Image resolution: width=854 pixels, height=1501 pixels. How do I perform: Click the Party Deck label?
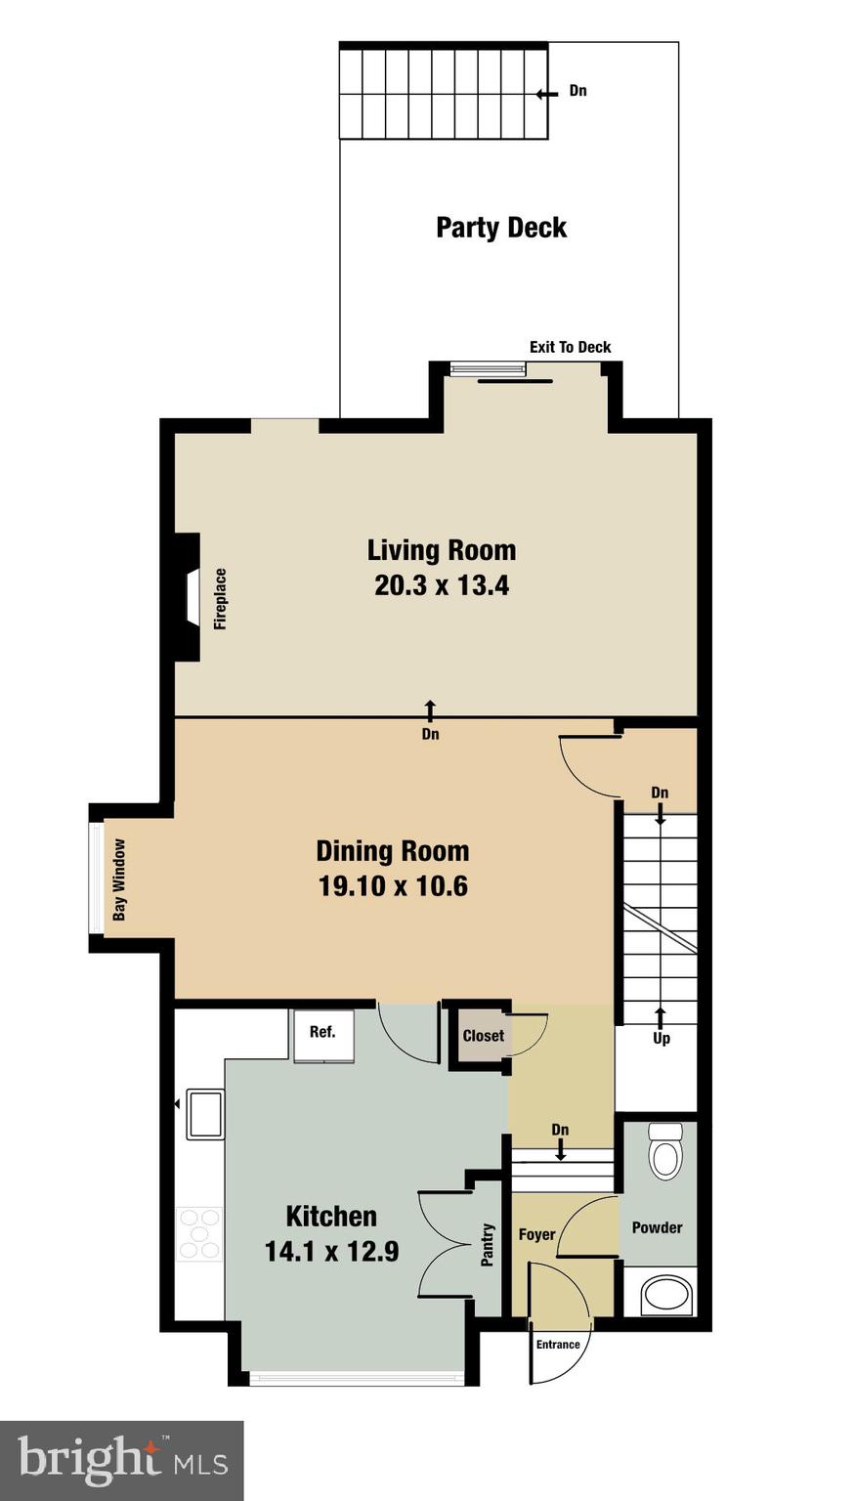pos(500,228)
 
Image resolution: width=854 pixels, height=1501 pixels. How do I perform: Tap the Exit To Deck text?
pos(570,347)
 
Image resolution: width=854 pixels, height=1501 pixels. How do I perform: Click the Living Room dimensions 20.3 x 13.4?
pos(442,586)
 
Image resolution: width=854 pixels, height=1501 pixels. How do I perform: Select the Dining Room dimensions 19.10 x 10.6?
pos(393,886)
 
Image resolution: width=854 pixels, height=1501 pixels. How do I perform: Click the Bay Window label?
pos(119,879)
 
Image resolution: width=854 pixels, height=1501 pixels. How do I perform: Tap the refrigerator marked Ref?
pos(322,1034)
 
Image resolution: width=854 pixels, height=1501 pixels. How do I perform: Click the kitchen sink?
pos(205,1114)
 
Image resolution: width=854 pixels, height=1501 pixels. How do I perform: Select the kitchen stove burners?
pos(199,1233)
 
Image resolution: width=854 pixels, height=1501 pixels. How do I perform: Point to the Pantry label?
pos(487,1246)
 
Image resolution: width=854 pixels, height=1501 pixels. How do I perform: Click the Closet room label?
pos(483,1036)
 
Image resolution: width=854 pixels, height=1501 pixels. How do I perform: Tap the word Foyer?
pos(536,1235)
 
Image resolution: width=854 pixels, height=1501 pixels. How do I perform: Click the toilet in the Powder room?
pos(666,1153)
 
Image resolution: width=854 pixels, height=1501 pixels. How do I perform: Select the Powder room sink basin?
pos(667,1295)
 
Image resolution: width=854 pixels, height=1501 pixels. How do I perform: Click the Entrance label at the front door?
pos(558,1345)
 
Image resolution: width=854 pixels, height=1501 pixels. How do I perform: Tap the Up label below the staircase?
pos(662,1039)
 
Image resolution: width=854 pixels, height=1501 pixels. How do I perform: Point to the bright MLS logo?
pos(121,1461)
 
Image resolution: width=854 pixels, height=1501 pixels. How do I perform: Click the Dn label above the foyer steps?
pos(560,1130)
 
